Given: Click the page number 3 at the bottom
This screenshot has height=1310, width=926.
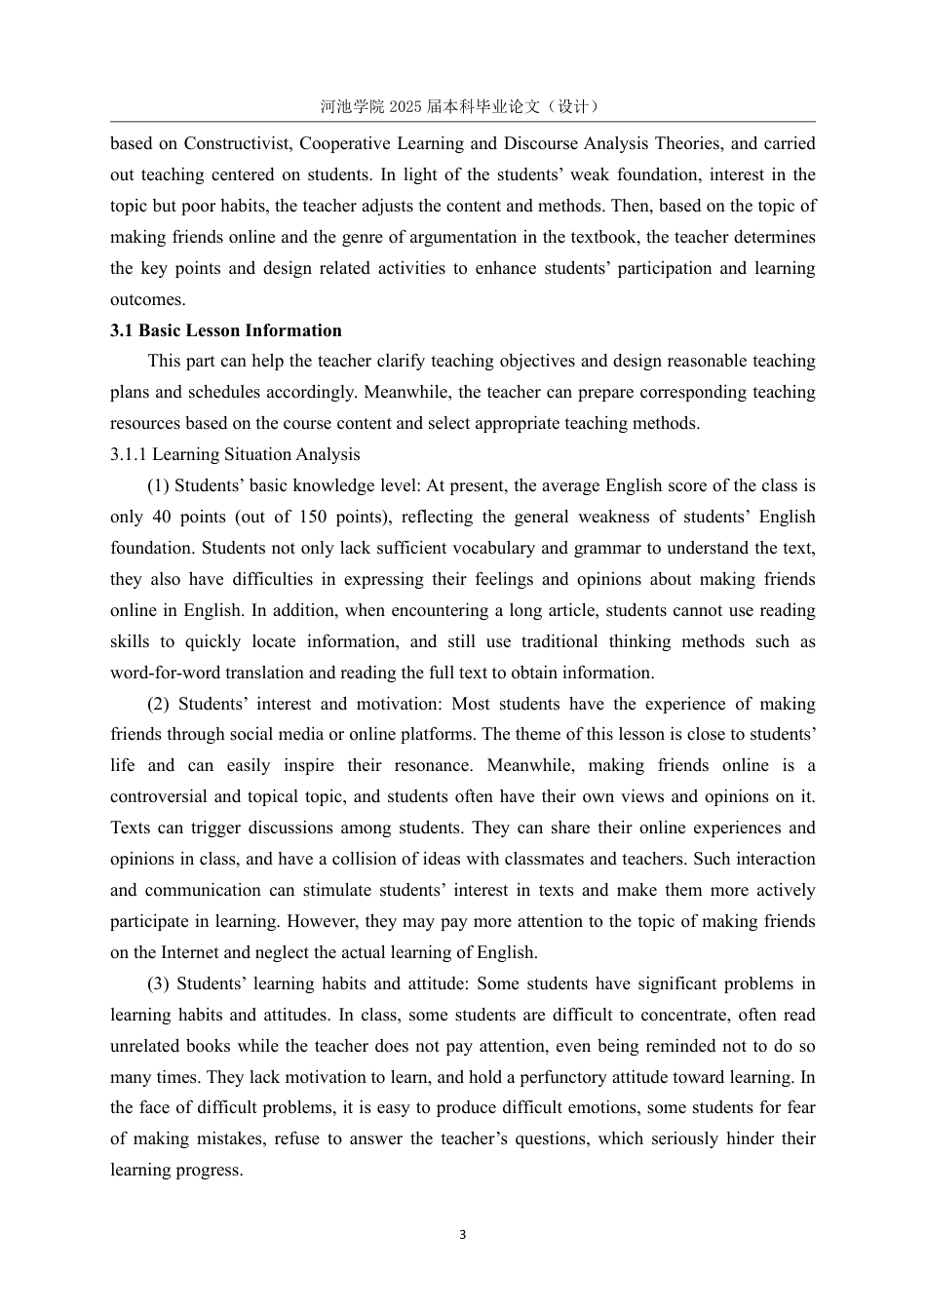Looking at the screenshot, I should tap(462, 1235).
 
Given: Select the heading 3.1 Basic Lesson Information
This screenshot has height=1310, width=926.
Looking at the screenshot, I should tap(226, 330).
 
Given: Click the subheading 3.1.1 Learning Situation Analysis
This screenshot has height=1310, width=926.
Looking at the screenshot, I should tap(235, 454).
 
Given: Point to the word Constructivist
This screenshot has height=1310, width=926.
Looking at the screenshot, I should tap(238, 143).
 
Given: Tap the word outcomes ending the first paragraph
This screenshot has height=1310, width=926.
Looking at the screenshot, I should tap(146, 299).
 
